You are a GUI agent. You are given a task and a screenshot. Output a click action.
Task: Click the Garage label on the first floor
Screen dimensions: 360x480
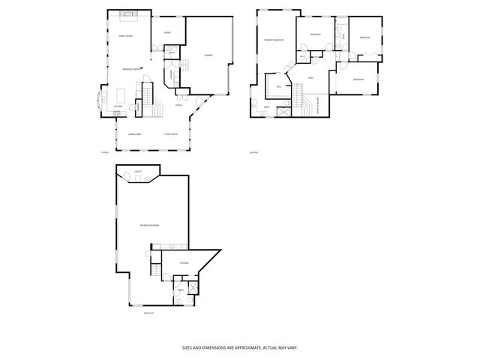point(208,55)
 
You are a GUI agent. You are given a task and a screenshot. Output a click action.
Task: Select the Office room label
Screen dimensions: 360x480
point(167,32)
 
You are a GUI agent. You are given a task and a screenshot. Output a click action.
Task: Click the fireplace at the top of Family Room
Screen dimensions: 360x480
point(125,13)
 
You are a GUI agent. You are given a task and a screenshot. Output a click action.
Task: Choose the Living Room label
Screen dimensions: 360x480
point(170,134)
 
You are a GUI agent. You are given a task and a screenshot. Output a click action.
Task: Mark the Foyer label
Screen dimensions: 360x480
point(178,105)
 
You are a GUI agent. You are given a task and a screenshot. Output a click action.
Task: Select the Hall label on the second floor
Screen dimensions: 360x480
point(309,78)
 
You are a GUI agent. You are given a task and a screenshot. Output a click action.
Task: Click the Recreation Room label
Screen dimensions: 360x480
point(150,225)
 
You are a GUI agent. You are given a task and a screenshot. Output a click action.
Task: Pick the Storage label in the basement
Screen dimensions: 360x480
point(184,263)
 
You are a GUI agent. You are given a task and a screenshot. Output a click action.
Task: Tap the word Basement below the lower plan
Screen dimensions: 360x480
point(148,313)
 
